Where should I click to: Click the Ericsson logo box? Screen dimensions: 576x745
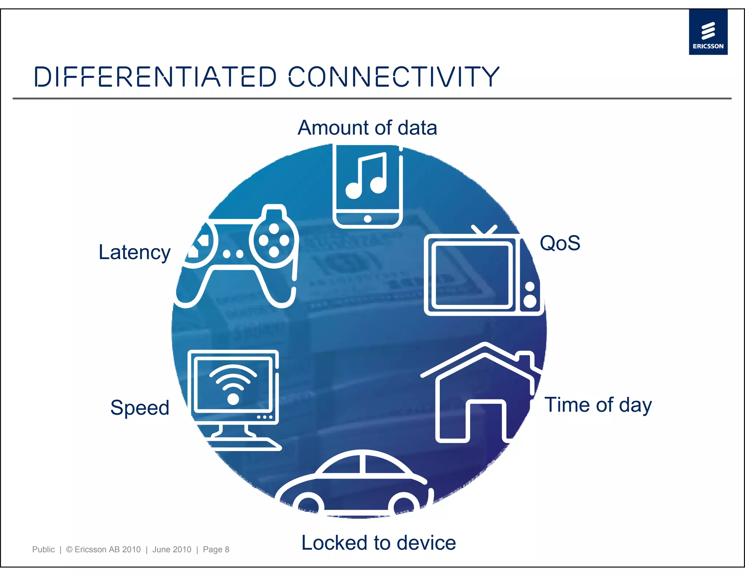coord(708,32)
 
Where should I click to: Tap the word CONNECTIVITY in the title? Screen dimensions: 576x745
coord(394,77)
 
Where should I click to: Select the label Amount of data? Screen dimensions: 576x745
coord(367,128)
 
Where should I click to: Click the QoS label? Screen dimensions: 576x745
coord(559,243)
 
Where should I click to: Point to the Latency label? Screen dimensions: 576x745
coord(135,252)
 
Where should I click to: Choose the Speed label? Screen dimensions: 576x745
coord(140,407)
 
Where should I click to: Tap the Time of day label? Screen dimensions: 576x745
coord(598,405)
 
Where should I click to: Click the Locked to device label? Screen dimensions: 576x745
coord(378,543)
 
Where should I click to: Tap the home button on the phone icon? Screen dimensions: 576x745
coord(367,219)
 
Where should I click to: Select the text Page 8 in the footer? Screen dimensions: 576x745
coord(216,549)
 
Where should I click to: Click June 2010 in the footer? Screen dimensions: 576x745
coord(172,549)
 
